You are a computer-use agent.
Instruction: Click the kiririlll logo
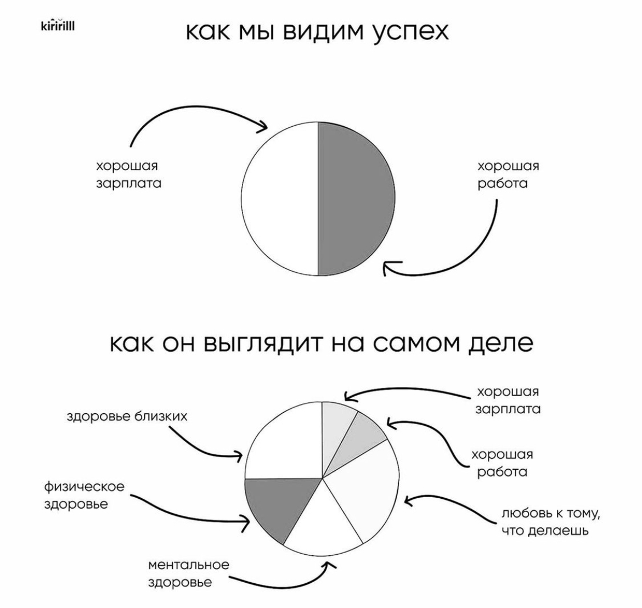(x=58, y=26)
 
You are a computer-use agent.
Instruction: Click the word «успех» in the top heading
(x=410, y=32)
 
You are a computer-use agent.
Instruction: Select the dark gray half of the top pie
(x=356, y=199)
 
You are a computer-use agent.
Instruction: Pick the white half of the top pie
(x=280, y=199)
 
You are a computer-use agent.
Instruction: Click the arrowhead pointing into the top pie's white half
(x=262, y=125)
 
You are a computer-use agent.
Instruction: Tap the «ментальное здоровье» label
(x=188, y=573)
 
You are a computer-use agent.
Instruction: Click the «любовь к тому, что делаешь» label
(x=551, y=522)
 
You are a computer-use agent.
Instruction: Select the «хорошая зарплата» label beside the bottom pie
(x=508, y=401)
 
